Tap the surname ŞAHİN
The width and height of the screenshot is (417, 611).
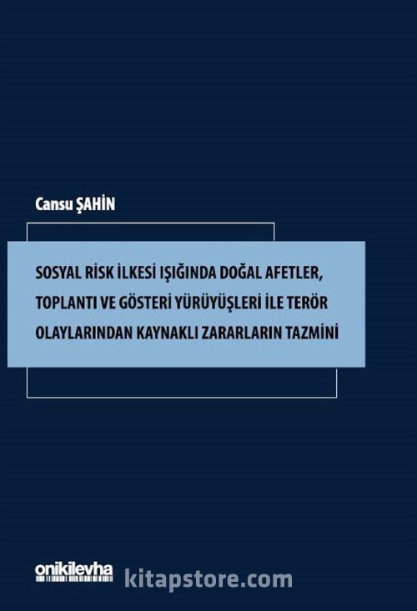click(95, 204)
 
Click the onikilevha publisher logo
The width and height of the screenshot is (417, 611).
click(74, 572)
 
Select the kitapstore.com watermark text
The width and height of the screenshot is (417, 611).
click(208, 579)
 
